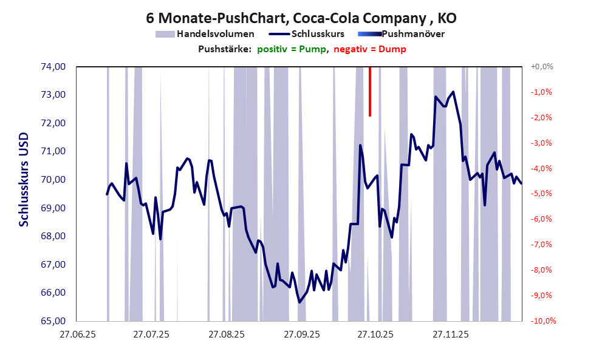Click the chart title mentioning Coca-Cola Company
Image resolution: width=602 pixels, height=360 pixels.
301,18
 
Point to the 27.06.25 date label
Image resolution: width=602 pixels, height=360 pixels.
77,334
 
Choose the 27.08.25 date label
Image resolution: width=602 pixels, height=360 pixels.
226,334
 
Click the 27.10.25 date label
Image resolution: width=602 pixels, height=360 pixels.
375,334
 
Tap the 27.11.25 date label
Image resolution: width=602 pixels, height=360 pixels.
450,334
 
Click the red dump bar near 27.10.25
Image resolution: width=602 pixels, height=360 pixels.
369,91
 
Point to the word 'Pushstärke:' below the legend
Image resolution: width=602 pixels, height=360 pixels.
225,49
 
